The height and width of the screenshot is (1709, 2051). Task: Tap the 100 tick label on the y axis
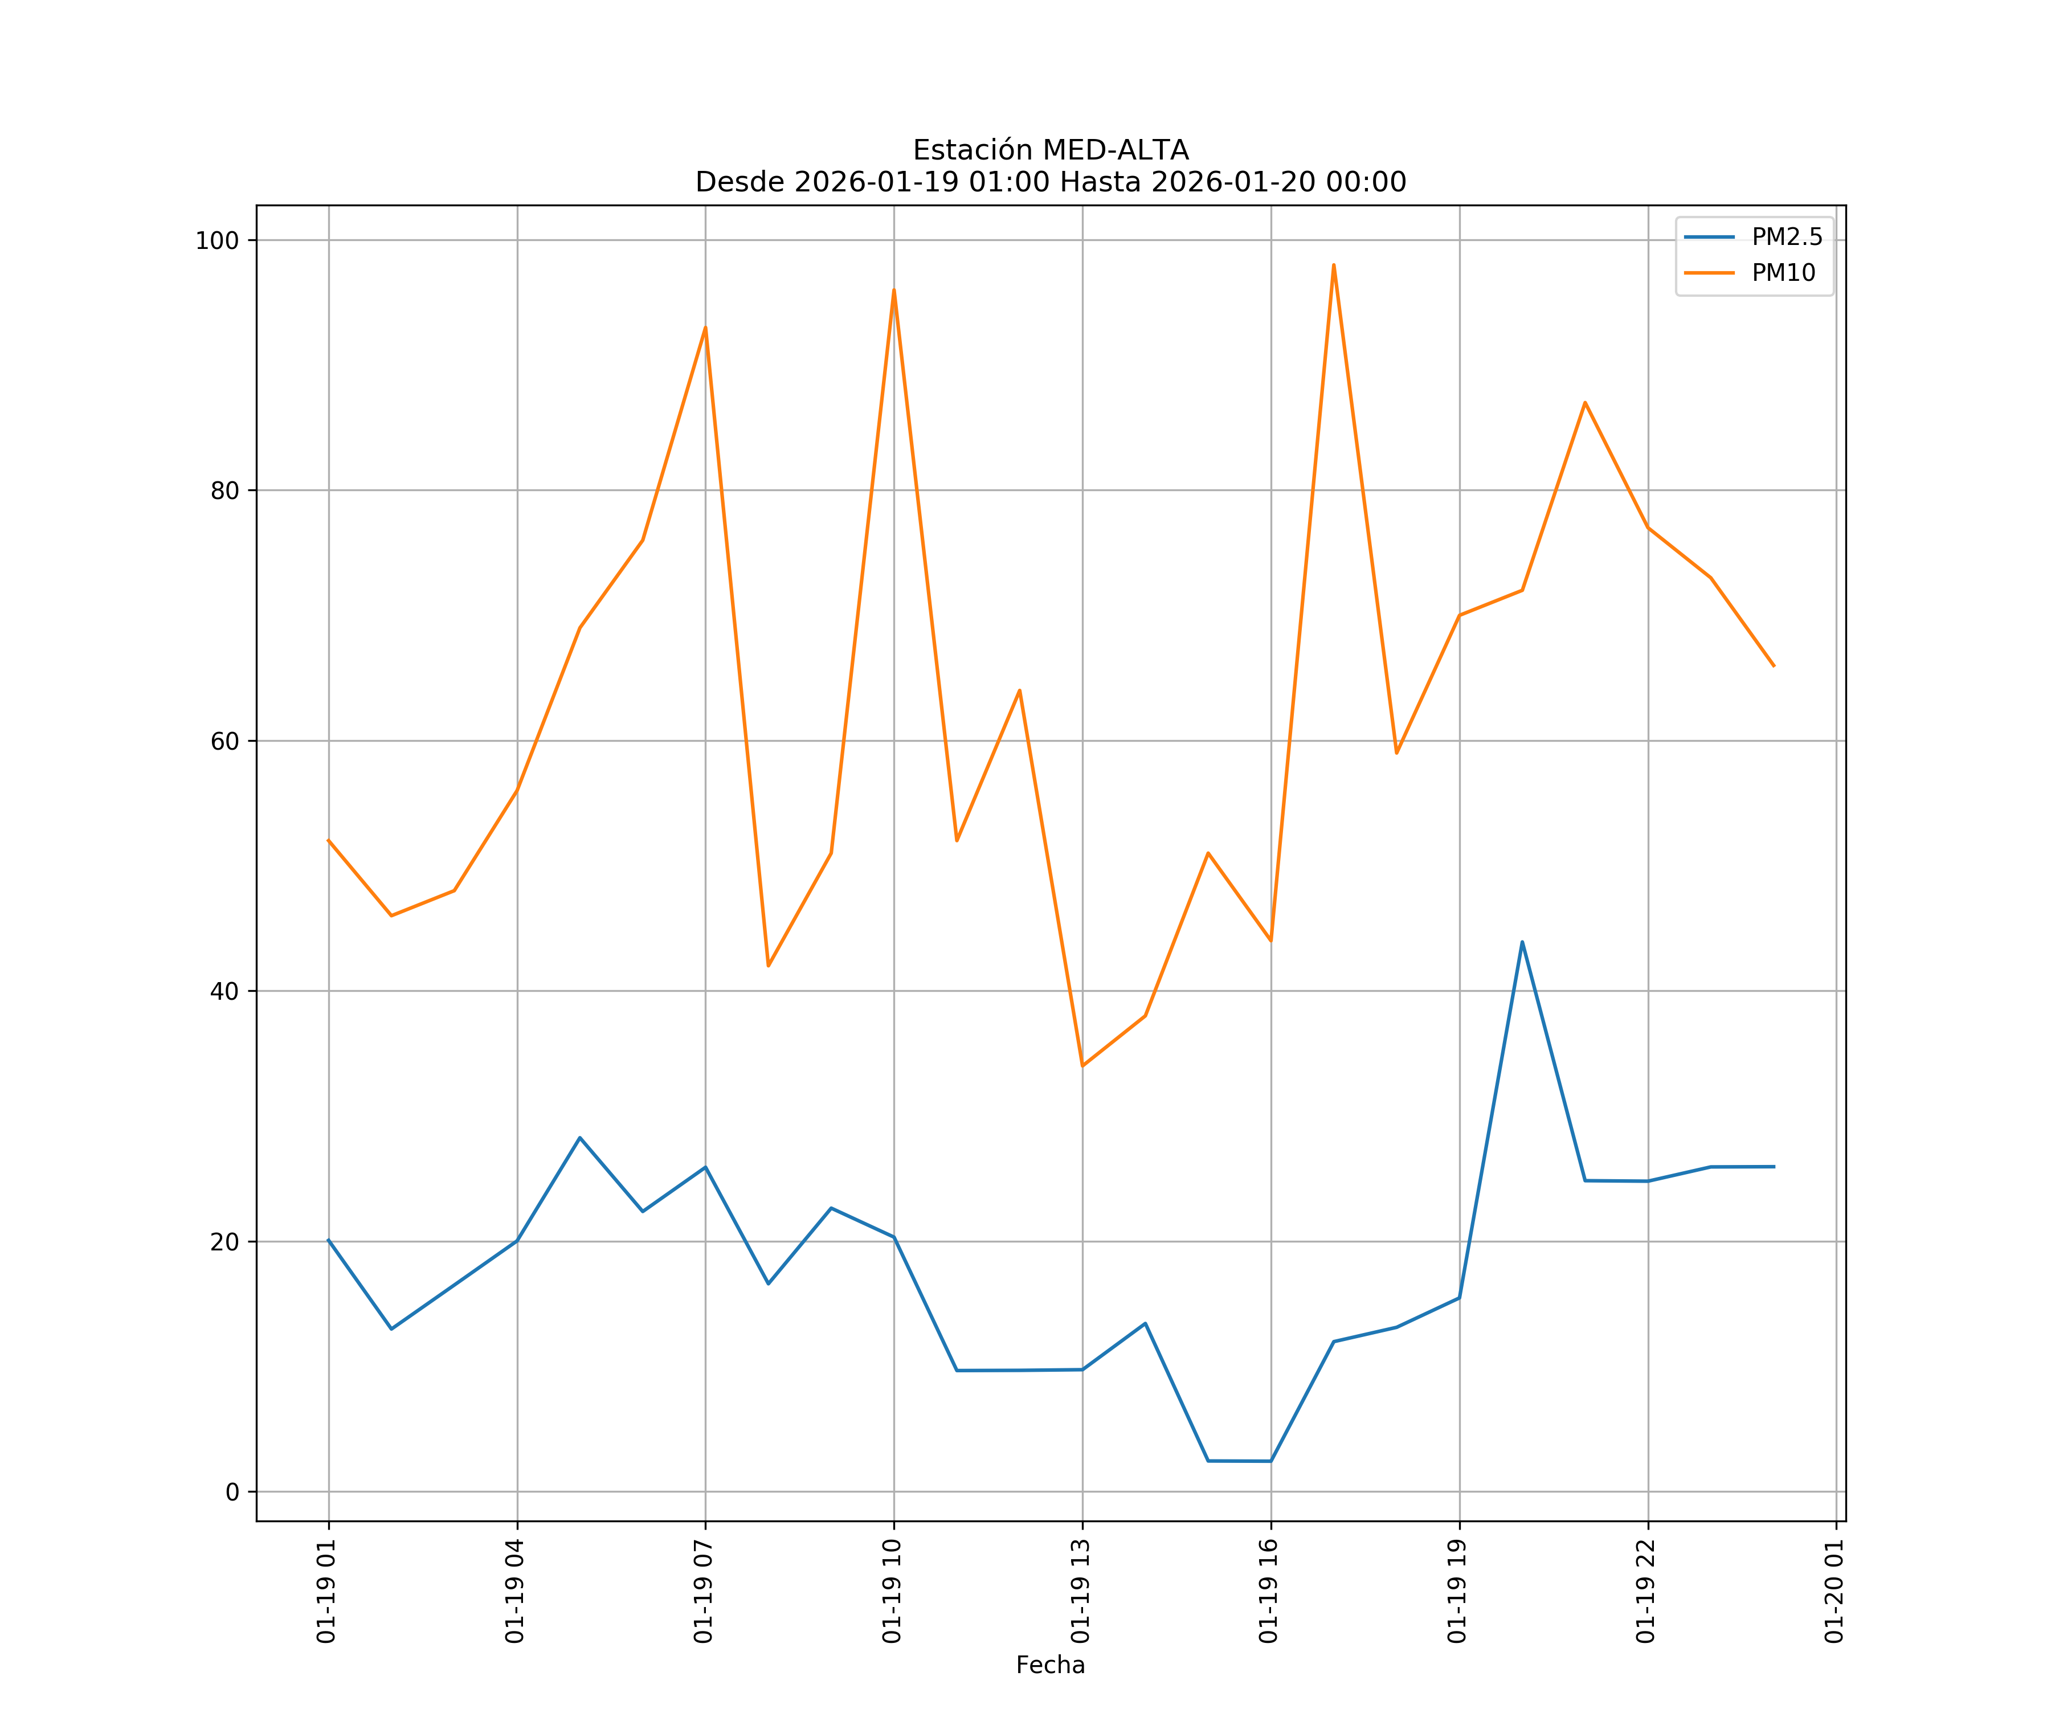[217, 240]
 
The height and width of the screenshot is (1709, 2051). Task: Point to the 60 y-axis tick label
[224, 741]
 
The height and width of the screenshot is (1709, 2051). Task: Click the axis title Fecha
[1050, 1665]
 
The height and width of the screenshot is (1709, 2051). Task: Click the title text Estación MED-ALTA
[1050, 150]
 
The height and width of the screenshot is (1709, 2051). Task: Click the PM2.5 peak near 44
[1522, 942]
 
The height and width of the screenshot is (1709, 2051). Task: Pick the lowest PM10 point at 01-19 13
[1082, 1065]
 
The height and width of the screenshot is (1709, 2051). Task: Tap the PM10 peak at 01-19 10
[894, 290]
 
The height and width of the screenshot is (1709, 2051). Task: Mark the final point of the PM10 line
[1774, 666]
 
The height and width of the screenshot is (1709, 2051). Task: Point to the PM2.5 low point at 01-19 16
[1270, 1461]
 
